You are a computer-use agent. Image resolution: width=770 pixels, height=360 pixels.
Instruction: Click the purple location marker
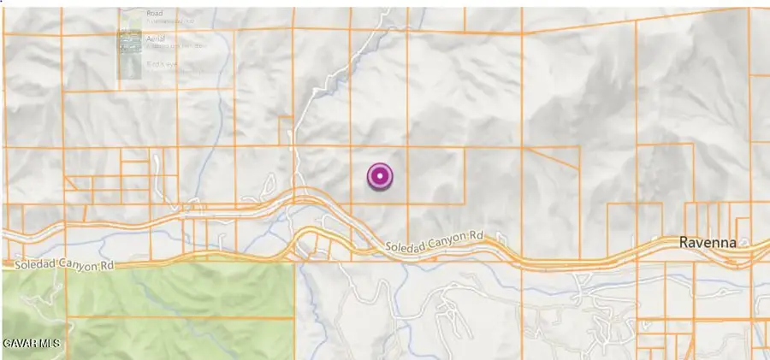pos(379,177)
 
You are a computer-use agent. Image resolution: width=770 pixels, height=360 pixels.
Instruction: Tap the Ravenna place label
pos(708,243)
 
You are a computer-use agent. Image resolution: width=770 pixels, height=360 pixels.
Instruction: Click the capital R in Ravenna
pos(684,243)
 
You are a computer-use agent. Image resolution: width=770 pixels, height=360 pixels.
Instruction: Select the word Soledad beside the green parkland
pos(34,267)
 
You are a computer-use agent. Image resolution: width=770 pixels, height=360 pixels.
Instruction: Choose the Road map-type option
pos(154,14)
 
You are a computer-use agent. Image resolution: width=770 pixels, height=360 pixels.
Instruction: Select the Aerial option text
pos(156,39)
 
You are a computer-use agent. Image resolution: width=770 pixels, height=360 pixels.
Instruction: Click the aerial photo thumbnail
pos(130,43)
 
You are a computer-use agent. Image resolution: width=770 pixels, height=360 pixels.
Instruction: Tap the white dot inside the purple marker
pos(379,177)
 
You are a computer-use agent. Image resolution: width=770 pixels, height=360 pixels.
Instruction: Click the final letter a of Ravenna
pos(731,243)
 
